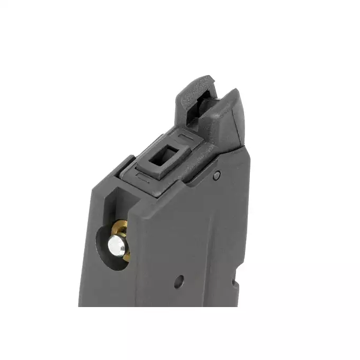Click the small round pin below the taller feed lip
pyautogui.click(x=216, y=176)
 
